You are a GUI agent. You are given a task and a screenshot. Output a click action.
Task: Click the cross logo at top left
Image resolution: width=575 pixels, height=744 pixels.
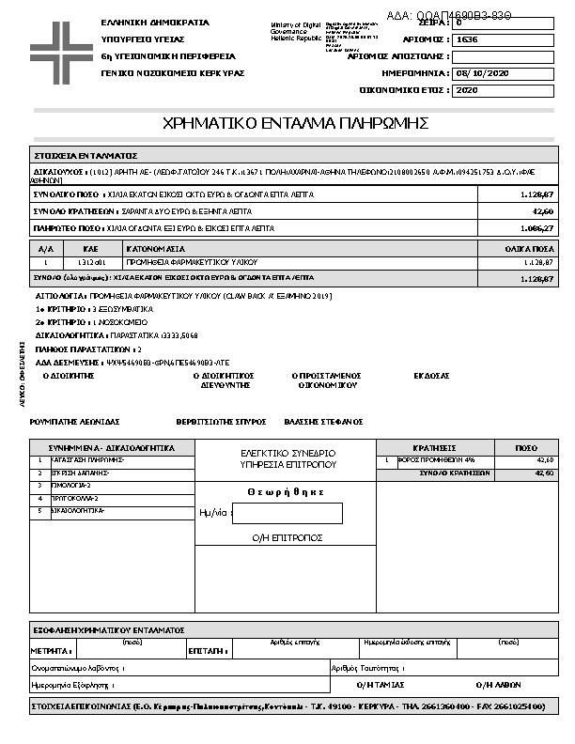[x=56, y=45]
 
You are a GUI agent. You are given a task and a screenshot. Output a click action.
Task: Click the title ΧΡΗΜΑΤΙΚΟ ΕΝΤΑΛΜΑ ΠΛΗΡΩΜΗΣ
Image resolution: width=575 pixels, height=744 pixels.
[x=296, y=123]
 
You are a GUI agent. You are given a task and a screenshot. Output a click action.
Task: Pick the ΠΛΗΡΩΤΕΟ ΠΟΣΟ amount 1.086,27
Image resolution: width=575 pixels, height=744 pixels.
[x=537, y=228]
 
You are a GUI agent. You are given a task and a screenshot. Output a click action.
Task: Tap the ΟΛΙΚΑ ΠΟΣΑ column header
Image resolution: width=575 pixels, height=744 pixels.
[x=529, y=249]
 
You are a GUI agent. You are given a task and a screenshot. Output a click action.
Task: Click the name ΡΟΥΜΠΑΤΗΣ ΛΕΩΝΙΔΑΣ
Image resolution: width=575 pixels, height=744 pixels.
[x=75, y=422]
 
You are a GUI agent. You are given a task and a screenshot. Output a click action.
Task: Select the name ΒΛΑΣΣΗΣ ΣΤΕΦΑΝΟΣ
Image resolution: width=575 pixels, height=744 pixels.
[x=325, y=422]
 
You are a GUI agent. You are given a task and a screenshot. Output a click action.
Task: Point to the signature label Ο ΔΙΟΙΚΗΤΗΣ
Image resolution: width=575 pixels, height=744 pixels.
[x=70, y=375]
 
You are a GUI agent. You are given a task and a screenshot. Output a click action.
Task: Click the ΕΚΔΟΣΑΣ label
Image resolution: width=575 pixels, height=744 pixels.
[x=432, y=375]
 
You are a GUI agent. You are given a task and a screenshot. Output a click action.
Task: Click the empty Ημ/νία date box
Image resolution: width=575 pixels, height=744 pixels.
[x=287, y=514]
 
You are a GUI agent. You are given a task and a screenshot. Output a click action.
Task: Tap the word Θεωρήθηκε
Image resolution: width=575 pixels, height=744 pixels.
[x=286, y=491]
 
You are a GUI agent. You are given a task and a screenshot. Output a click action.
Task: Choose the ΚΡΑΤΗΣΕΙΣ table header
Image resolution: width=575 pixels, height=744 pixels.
[x=434, y=448]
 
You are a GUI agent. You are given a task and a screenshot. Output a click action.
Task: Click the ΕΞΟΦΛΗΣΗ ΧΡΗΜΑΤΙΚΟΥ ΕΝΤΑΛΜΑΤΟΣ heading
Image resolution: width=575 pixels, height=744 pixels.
[x=108, y=629]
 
